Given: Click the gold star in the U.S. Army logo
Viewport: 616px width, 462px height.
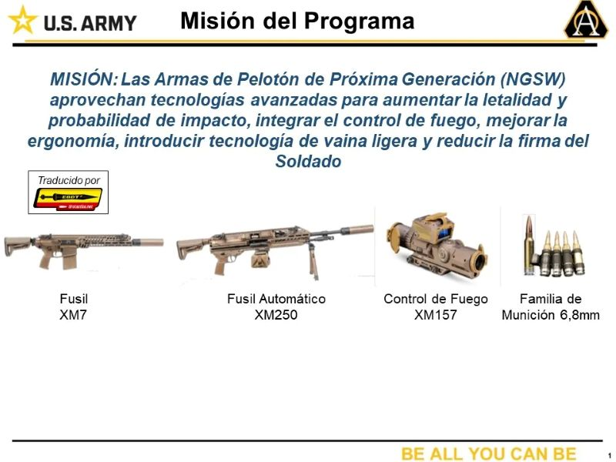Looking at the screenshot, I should click(22, 20).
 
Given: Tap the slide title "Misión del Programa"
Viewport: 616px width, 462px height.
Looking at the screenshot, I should click(296, 21).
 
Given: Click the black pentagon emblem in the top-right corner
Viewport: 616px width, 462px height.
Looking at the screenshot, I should click(586, 21).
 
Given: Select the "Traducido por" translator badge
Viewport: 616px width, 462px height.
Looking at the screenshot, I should click(69, 192).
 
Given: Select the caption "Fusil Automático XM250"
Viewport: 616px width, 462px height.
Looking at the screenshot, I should click(276, 306).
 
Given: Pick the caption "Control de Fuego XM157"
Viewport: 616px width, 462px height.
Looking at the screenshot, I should click(435, 306).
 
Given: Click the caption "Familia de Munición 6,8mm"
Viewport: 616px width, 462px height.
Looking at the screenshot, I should click(551, 306).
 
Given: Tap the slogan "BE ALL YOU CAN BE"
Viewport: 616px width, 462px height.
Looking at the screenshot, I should click(488, 454).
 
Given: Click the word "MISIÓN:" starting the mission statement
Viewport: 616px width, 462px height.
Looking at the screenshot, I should click(83, 79).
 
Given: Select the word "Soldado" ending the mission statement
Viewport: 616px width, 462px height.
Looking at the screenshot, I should click(308, 162).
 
